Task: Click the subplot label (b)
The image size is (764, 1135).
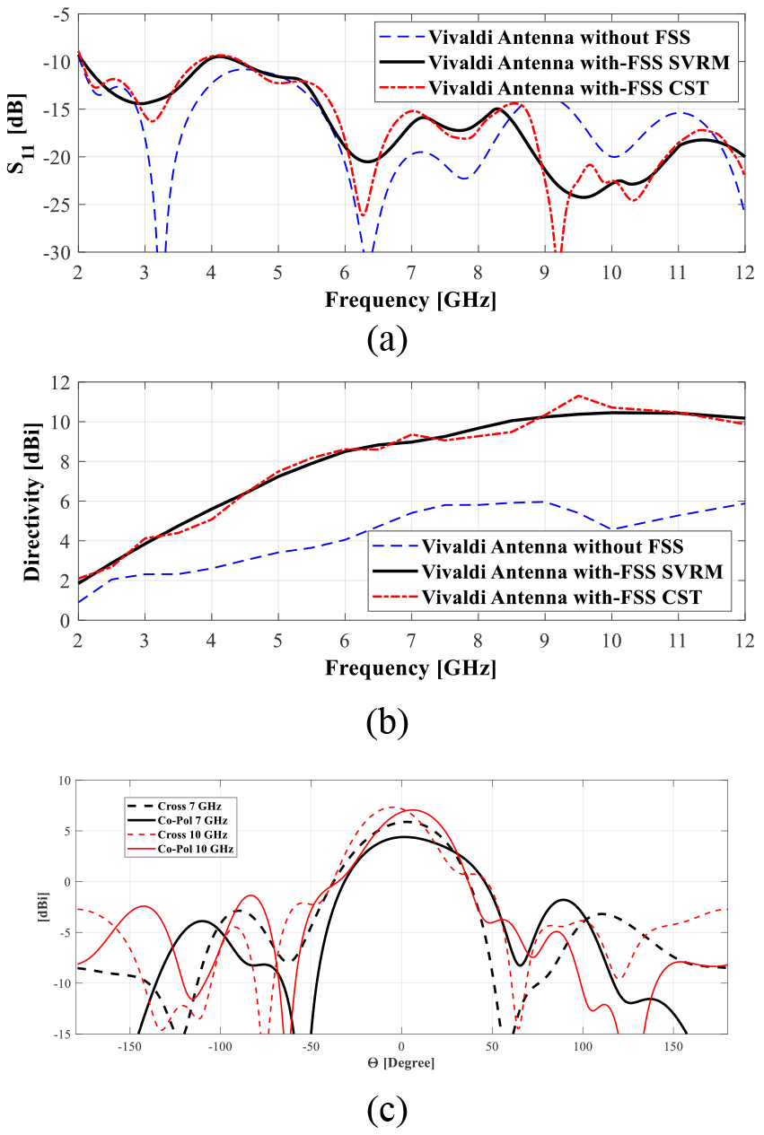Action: click(x=386, y=720)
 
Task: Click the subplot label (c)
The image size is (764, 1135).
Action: click(x=386, y=1110)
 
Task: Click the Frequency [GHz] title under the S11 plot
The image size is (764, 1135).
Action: click(x=410, y=299)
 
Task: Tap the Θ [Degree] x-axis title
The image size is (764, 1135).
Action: click(x=400, y=1063)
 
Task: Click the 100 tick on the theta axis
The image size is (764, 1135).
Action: click(x=583, y=1047)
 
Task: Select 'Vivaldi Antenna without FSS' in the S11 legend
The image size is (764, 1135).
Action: click(x=556, y=38)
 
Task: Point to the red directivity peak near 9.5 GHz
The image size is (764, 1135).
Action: click(x=578, y=396)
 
